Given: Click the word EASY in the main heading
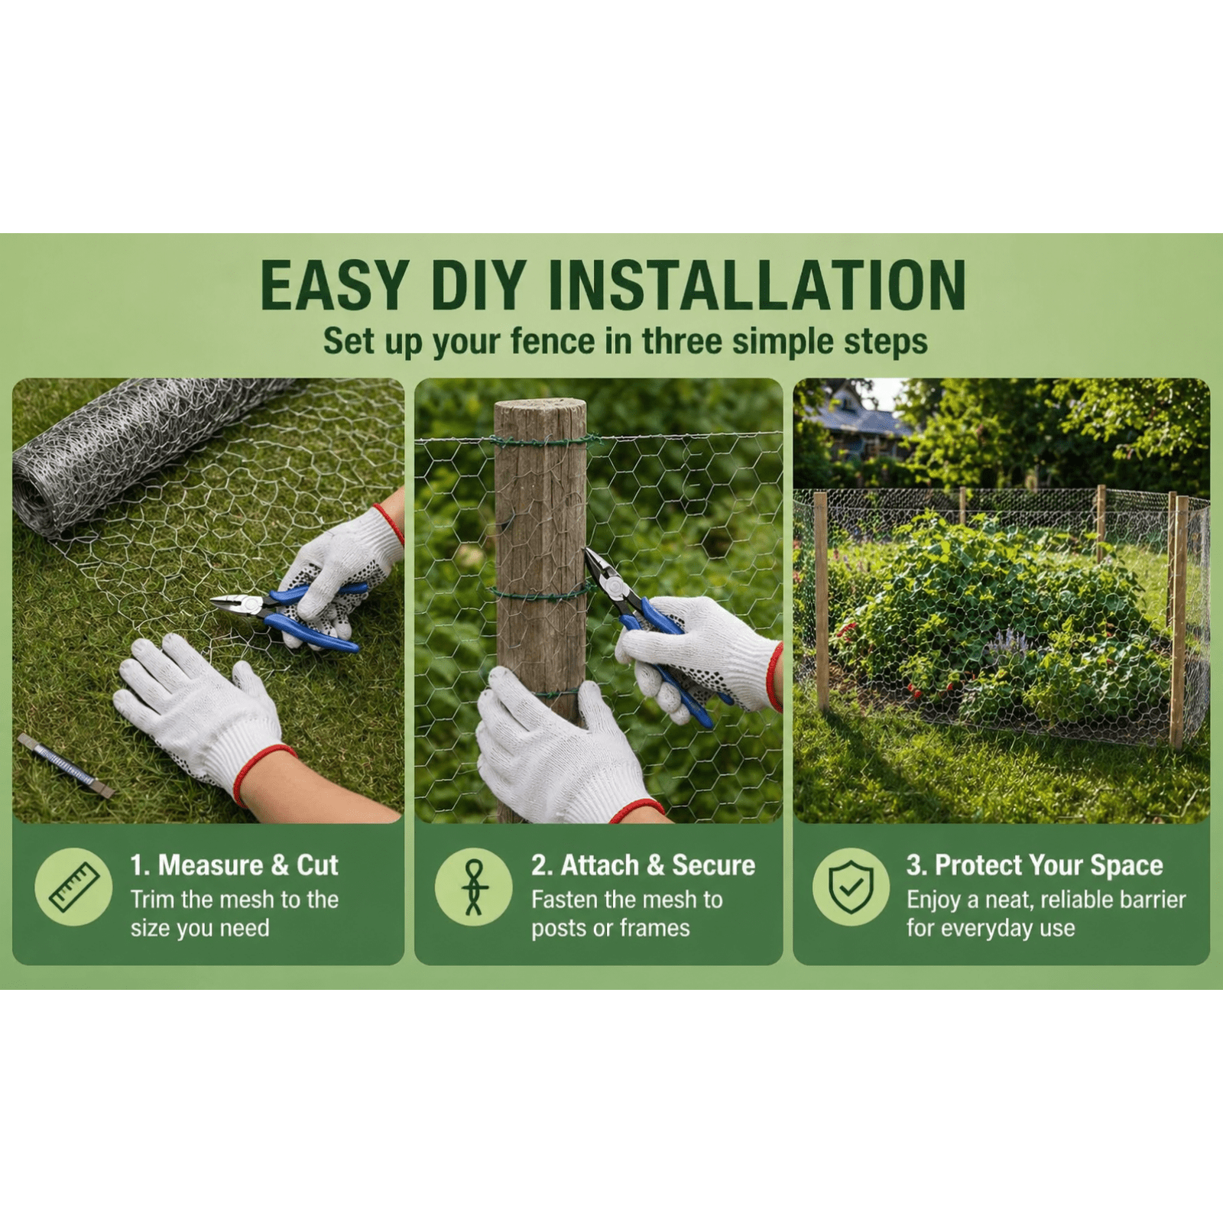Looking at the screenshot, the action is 334,285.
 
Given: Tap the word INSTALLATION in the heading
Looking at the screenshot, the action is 757,285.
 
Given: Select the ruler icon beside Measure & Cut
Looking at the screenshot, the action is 74,887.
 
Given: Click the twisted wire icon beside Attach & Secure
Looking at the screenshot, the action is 474,887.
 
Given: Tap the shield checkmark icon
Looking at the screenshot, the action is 851,887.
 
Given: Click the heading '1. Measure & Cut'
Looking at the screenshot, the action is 234,865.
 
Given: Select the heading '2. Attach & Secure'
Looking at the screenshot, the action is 644,865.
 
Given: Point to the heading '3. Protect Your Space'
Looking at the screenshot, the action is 1035,865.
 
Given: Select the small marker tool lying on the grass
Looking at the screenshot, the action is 66,764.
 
